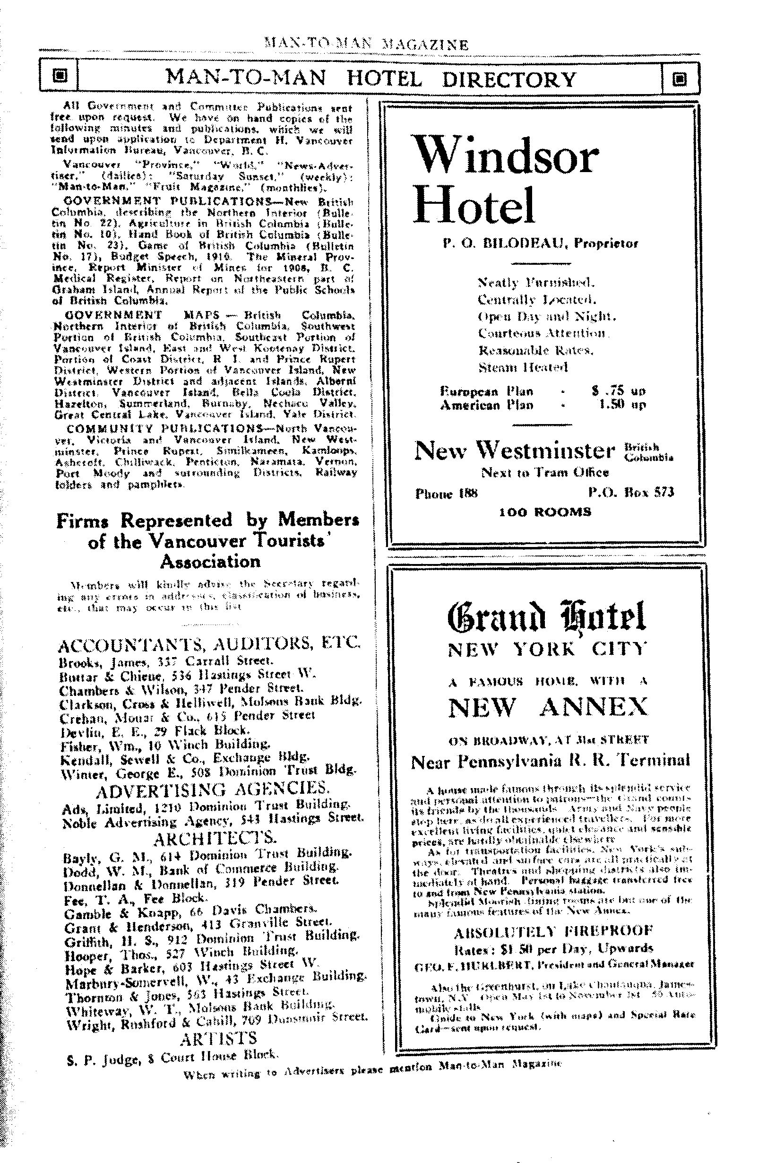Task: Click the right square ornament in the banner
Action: pos(681,78)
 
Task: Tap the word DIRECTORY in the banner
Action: pos(508,79)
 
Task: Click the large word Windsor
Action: pos(506,155)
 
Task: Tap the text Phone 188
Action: pos(446,493)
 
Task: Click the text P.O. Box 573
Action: pos(631,492)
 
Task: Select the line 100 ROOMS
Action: pos(545,512)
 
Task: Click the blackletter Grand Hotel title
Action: pos(547,617)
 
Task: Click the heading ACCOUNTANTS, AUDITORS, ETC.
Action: pos(209,645)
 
